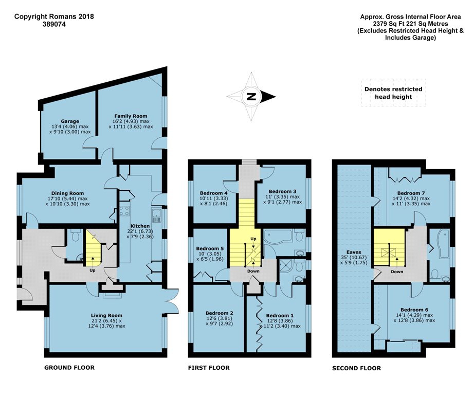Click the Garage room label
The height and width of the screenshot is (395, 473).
click(70, 121)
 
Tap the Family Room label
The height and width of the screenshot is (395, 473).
click(131, 116)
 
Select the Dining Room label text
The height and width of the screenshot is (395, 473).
click(67, 193)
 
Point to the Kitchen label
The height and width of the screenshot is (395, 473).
click(140, 226)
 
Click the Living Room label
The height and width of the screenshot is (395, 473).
click(107, 316)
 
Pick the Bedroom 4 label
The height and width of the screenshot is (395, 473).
click(213, 193)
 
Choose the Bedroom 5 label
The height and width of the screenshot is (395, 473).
click(210, 248)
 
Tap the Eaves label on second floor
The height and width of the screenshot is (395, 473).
click(354, 252)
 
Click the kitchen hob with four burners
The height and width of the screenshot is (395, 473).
click(125, 211)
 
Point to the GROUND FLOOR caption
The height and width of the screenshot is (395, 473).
click(69, 368)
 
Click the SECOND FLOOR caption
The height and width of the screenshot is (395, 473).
click(357, 368)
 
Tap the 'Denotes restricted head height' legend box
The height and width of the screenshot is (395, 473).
click(393, 93)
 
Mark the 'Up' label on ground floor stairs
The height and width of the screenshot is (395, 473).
click(93, 271)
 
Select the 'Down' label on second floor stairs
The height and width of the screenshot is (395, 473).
click(397, 272)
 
